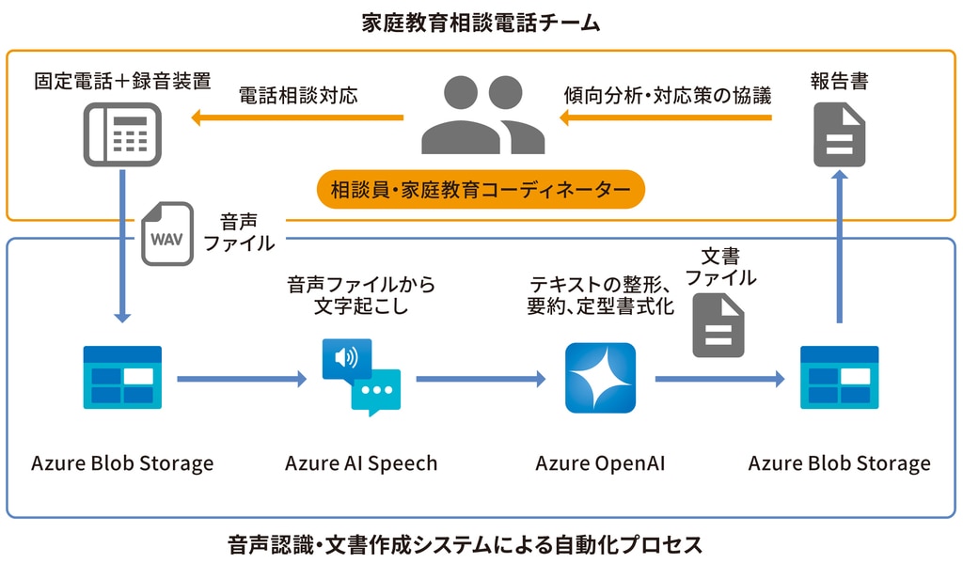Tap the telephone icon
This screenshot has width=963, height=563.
pos(122,133)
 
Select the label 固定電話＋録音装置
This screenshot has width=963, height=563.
pos(122,81)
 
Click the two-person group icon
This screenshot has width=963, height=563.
pos(482,115)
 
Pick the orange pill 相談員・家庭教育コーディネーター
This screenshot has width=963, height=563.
pos(481,190)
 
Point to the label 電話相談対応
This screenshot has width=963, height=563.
pos(298,95)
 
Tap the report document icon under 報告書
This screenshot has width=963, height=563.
pos(839,134)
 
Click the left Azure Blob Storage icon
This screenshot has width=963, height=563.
pos(122,378)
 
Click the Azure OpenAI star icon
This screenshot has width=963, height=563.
pos(600,378)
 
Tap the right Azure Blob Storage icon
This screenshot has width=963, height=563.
pos(839,378)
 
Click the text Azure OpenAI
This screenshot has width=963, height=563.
pos(600,463)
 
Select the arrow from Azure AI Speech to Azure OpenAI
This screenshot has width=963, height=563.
pos(481,379)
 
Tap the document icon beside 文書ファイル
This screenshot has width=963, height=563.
pos(718,324)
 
